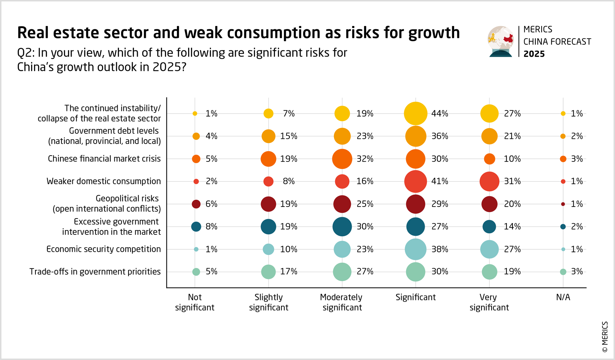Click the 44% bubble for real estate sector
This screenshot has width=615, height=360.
pos(415,114)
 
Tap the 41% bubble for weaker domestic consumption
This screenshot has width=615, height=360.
pos(415,181)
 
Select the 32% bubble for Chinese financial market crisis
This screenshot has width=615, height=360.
pos(342,159)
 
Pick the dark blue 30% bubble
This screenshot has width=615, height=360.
pos(342,226)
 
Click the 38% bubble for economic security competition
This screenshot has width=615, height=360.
pos(415,249)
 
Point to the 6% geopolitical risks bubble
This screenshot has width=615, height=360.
pos(196,204)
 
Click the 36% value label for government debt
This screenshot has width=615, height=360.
pos(440,136)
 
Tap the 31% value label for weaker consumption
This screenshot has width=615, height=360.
pos(512,181)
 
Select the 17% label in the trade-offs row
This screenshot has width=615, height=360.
pos(289,272)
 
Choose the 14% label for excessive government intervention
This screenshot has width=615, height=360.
pos(512,226)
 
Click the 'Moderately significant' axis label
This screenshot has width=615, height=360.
pos(342,302)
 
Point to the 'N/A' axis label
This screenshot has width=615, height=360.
pos(563,297)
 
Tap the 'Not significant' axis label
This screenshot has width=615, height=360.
pos(195,302)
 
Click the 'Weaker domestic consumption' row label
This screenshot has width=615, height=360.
pos(103,181)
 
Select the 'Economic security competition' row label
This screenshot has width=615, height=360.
pos(103,249)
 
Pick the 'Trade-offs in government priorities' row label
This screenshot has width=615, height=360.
pos(95,272)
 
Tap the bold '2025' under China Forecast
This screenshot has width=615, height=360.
pos(534,54)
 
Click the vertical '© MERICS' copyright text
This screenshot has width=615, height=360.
pos(605,336)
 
